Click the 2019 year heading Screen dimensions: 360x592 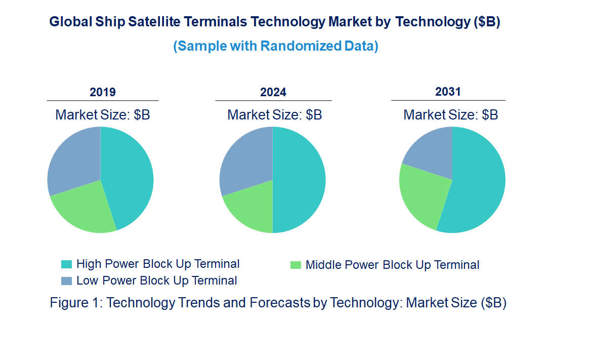click(x=103, y=92)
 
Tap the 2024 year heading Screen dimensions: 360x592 click(x=273, y=92)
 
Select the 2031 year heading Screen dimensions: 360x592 click(x=448, y=92)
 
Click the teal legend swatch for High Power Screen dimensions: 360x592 click(x=66, y=264)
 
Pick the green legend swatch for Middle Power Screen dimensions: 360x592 click(x=295, y=265)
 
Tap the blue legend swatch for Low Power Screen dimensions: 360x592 click(x=66, y=281)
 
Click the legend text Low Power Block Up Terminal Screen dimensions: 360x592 click(x=157, y=281)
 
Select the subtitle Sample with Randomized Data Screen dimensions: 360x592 click(x=276, y=46)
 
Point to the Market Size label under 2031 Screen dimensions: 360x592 click(x=450, y=115)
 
